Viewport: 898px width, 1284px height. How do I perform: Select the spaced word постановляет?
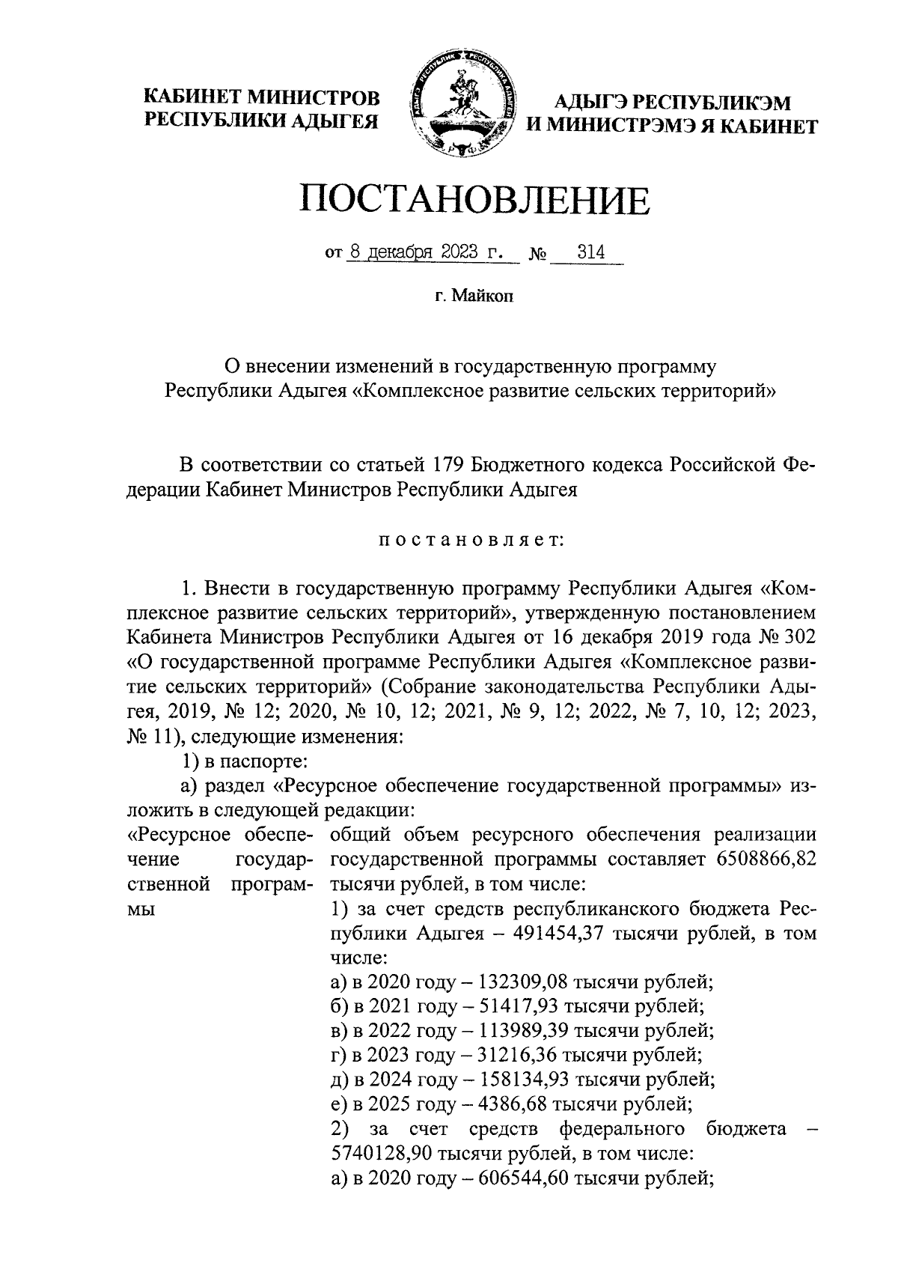[471, 541]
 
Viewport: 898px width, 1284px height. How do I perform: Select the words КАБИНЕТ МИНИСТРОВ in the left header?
[262, 97]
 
